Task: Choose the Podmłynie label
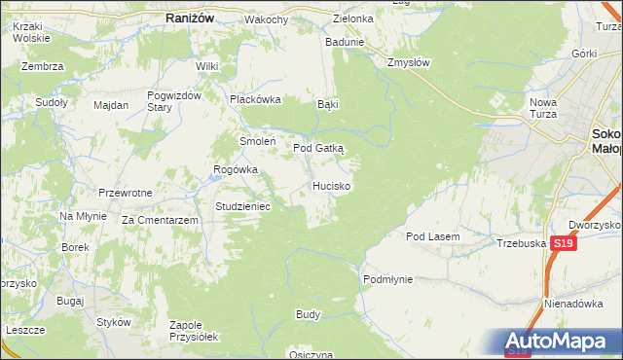point(387,279)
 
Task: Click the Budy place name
point(308,315)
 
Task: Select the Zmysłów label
point(408,61)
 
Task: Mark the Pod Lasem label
point(432,236)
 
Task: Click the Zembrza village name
point(44,66)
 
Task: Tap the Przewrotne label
point(125,193)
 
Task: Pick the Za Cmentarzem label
point(161,221)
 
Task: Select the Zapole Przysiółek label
point(193,330)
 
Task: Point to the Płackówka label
point(254,99)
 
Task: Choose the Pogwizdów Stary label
point(173,100)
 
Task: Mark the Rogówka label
point(236,169)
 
